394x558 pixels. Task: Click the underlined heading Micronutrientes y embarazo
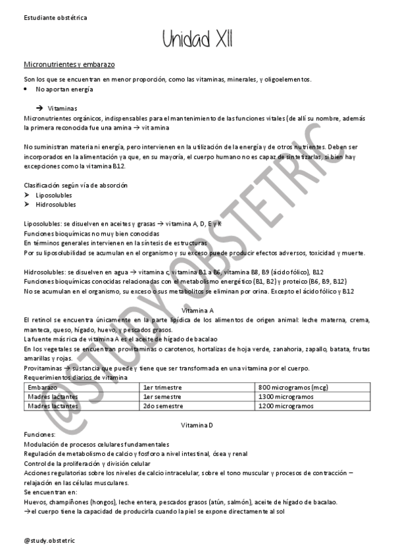[x=69, y=66]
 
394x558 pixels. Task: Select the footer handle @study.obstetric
[x=49, y=540]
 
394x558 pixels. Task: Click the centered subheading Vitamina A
[x=197, y=309]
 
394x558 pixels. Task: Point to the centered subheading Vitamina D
[x=197, y=426]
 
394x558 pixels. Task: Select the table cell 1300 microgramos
[x=286, y=397]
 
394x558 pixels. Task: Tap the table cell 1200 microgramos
[x=286, y=407]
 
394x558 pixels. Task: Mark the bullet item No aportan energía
[x=64, y=89]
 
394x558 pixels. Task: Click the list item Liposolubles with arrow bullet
[x=54, y=195]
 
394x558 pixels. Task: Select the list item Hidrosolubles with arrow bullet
[x=55, y=205]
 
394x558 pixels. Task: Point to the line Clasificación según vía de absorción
[x=76, y=186]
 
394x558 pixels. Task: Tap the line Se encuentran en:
[x=50, y=492]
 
